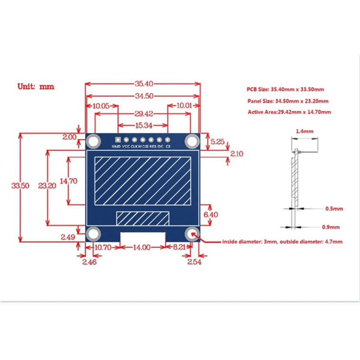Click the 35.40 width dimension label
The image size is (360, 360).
(x=143, y=83)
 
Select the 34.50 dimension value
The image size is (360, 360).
(x=143, y=96)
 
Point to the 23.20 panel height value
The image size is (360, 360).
(x=47, y=185)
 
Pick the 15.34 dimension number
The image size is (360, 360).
(x=143, y=125)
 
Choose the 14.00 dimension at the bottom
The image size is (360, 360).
(x=142, y=247)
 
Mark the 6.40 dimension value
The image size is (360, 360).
(x=211, y=215)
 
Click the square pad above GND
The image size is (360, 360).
(x=118, y=139)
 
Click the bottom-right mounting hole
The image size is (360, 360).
(x=193, y=234)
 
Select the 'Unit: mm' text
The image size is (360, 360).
(x=36, y=86)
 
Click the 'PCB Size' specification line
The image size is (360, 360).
(x=285, y=90)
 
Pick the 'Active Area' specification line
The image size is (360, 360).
(x=289, y=112)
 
